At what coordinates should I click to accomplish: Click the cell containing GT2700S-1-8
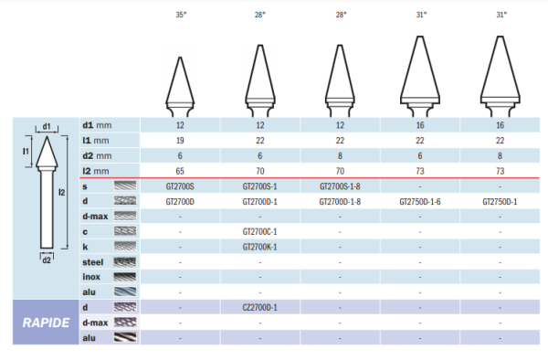tap(340, 186)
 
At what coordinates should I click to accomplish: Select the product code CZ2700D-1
tap(259, 308)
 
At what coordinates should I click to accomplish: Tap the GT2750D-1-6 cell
tap(420, 202)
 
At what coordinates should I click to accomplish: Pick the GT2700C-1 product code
tap(259, 232)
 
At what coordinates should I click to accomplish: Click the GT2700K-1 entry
tap(259, 247)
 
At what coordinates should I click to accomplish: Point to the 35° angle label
tap(181, 15)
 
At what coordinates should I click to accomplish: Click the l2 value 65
tap(180, 171)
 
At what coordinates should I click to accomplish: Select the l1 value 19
tap(180, 141)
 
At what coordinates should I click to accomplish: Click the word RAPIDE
tap(46, 323)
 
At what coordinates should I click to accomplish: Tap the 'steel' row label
tap(92, 262)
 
